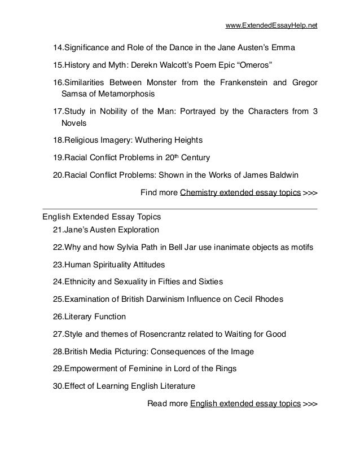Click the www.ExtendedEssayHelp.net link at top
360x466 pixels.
[x=271, y=25]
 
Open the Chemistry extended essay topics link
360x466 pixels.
[x=240, y=192]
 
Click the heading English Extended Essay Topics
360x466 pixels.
[x=102, y=217]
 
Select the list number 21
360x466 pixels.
[x=56, y=230]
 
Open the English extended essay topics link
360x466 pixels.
[x=245, y=404]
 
